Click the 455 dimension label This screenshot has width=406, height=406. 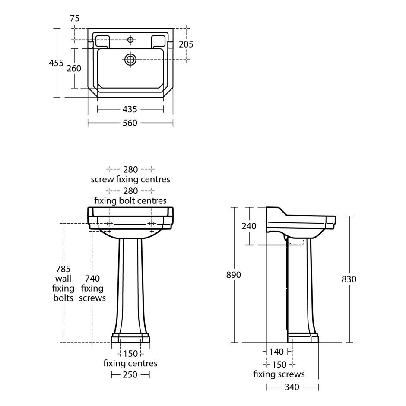(56, 63)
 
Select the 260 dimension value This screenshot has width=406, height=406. (74, 68)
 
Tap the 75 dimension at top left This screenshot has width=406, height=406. (75, 19)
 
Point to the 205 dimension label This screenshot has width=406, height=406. (186, 44)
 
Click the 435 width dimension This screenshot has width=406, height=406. (130, 109)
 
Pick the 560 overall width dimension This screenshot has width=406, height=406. (130, 123)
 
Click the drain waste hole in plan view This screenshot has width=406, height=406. (130, 60)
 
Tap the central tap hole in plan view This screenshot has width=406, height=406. (130, 40)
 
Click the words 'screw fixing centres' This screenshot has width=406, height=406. (130, 179)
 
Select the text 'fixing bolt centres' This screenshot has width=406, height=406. (130, 201)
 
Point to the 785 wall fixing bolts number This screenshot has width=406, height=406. (63, 269)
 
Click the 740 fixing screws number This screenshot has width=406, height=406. (92, 279)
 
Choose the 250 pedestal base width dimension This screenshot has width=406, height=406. (130, 374)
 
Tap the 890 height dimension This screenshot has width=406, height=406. (234, 275)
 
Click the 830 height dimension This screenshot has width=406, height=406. (349, 279)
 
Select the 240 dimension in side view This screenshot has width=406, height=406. (249, 226)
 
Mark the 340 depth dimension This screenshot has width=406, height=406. (292, 387)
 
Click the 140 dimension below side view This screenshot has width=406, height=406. (276, 352)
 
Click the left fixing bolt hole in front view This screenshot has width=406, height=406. (109, 223)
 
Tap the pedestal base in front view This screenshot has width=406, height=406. (130, 338)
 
